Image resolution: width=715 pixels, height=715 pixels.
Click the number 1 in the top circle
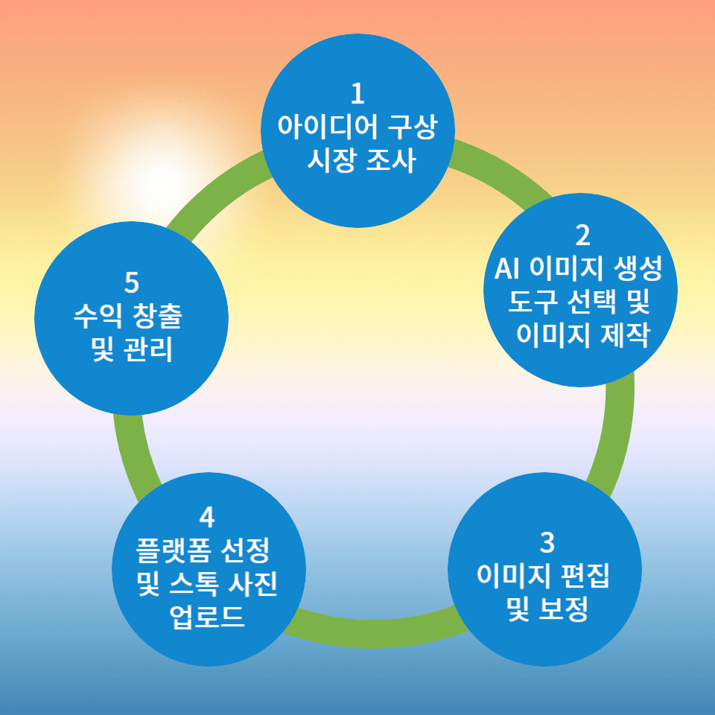click(x=357, y=95)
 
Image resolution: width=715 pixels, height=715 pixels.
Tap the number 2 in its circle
click(x=582, y=235)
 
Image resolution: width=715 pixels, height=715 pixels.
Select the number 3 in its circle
click(x=547, y=543)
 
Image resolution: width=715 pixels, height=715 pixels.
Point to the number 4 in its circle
click(x=207, y=516)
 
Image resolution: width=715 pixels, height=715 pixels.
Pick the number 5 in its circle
click(x=132, y=283)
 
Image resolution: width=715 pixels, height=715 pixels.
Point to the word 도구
click(x=530, y=302)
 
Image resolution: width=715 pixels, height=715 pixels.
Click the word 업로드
click(x=207, y=617)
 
